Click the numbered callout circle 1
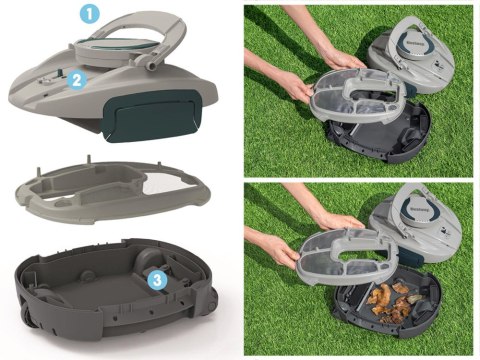click(89, 15)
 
